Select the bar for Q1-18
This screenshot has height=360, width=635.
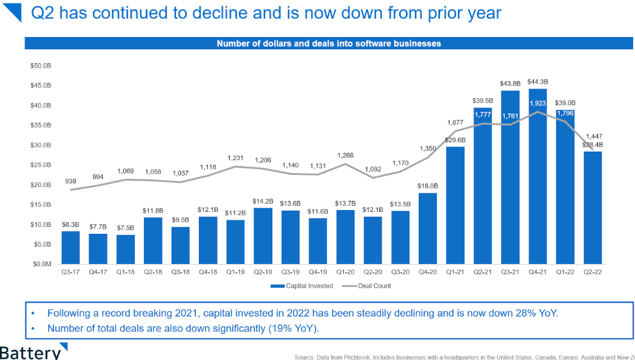tap(125, 249)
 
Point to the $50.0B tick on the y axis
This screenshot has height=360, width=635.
tap(40, 66)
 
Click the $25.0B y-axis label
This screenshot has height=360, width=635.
tap(40, 165)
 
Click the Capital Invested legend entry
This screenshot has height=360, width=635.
tap(306, 286)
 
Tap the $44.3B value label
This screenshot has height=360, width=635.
tap(538, 82)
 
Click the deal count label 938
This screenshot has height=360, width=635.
tap(71, 181)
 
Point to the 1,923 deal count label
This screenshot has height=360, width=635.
tap(538, 104)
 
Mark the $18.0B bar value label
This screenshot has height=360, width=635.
tap(428, 186)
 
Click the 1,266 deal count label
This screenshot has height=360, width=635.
tap(345, 155)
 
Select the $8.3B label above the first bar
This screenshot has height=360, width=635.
tap(71, 224)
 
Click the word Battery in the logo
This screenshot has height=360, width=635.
tap(29, 352)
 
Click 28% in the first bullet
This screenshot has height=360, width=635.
tap(518, 313)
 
